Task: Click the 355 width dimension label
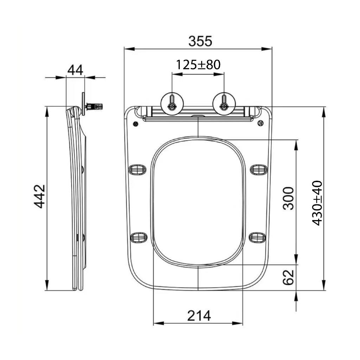[200, 41]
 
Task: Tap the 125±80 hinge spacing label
[198, 65]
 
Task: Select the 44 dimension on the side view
[75, 70]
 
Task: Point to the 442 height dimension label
[39, 196]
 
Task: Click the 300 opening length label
[288, 198]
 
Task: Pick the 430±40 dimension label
[317, 203]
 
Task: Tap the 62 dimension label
[288, 277]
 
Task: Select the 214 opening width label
[199, 316]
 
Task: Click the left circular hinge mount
[172, 104]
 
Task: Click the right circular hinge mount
[224, 104]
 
